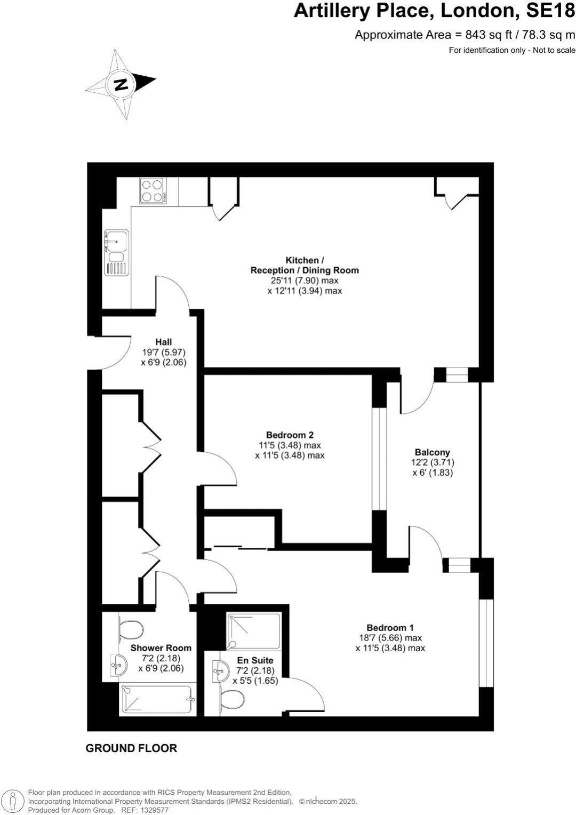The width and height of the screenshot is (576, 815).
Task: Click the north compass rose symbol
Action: coord(121,84)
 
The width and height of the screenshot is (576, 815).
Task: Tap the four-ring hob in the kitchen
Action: coord(152,190)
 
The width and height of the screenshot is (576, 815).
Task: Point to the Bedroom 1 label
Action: coord(390,628)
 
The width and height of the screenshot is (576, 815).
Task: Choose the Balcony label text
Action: coord(433,452)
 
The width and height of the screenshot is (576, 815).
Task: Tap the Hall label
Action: coord(164,342)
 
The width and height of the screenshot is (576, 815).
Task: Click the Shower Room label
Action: coord(161,648)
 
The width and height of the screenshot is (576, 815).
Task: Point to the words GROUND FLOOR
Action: coord(131,748)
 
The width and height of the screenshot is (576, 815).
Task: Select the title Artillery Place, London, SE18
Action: coord(434,11)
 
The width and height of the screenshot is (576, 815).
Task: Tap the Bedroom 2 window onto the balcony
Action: coord(379,459)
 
